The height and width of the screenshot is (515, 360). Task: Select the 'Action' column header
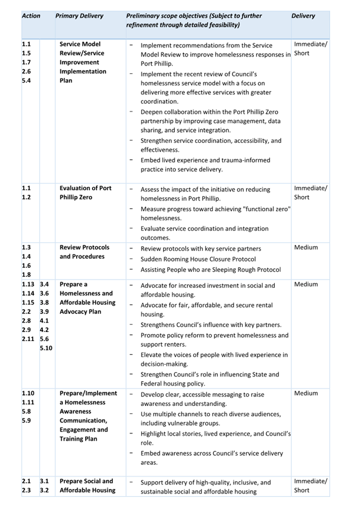pyautogui.click(x=31, y=16)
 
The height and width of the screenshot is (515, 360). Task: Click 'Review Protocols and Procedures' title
pyautogui.click(x=85, y=252)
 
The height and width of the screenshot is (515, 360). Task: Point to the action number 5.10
pyautogui.click(x=46, y=348)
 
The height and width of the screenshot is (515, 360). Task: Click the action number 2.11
pyautogui.click(x=28, y=339)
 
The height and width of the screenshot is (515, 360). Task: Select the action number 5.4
pyautogui.click(x=27, y=81)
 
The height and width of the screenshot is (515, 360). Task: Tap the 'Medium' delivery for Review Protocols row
pyautogui.click(x=306, y=247)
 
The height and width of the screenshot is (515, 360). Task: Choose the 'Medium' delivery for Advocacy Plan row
pyautogui.click(x=306, y=285)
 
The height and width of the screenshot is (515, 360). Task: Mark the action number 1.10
pyautogui.click(x=28, y=393)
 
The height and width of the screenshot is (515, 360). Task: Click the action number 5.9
pyautogui.click(x=27, y=421)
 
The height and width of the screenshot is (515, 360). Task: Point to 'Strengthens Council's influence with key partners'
pyautogui.click(x=210, y=325)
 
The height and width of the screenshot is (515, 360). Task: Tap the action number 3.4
pyautogui.click(x=45, y=285)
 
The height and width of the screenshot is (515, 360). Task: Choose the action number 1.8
pyautogui.click(x=27, y=275)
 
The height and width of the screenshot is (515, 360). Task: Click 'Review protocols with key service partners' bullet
pyautogui.click(x=200, y=249)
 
